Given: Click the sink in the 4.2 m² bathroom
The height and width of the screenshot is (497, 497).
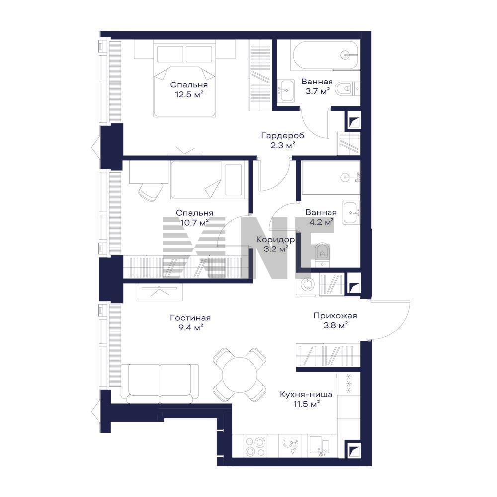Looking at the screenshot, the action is pyautogui.click(x=351, y=212).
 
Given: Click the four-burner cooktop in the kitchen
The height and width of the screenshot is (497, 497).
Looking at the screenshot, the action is pyautogui.click(x=255, y=446).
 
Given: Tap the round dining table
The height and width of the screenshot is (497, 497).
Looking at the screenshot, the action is pyautogui.click(x=240, y=375).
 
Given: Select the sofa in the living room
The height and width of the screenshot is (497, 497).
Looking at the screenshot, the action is pyautogui.click(x=160, y=384).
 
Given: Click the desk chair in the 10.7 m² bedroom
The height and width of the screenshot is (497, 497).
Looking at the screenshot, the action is pyautogui.click(x=150, y=192).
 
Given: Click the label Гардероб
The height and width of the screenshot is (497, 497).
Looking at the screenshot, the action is pyautogui.click(x=283, y=136).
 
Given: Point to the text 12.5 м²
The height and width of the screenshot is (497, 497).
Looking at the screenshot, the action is pyautogui.click(x=189, y=94).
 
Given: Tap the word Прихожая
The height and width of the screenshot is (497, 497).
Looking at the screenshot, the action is pyautogui.click(x=335, y=316).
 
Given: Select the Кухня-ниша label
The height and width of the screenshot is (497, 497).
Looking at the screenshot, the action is pyautogui.click(x=306, y=394).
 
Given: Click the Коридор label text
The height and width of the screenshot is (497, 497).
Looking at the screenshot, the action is pyautogui.click(x=275, y=240).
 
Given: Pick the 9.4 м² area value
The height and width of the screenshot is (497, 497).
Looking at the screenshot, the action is pyautogui.click(x=190, y=327).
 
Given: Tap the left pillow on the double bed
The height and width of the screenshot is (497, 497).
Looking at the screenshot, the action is pyautogui.click(x=170, y=54).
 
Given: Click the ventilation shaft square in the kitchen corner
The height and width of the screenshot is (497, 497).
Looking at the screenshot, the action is pyautogui.click(x=354, y=450).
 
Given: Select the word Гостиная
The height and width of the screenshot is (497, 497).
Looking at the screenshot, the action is pyautogui.click(x=190, y=318).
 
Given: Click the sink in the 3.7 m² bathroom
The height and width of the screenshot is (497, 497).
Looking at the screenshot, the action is pyautogui.click(x=287, y=90).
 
